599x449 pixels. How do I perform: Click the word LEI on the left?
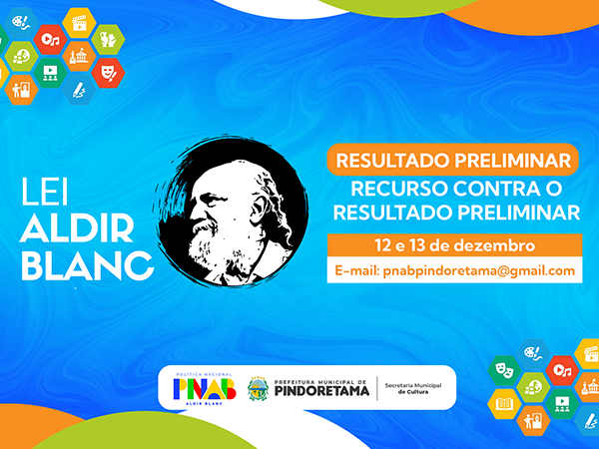[x=45, y=192]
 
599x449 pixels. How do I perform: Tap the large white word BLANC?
[x=88, y=265]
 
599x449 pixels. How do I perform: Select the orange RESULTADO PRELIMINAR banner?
[x=453, y=160]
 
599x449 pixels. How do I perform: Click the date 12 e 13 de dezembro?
[x=454, y=245]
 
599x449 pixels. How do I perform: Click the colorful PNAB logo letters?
[x=205, y=389]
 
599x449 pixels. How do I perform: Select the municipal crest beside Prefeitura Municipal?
[x=258, y=389]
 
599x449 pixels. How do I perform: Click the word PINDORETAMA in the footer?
[x=322, y=391]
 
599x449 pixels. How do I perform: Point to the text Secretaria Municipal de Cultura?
[x=413, y=389]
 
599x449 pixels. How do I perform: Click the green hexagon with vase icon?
[x=108, y=39]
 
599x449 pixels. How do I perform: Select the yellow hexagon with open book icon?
[x=504, y=404]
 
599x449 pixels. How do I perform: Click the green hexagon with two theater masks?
[x=504, y=371]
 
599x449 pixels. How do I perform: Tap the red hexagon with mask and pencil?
[x=108, y=73]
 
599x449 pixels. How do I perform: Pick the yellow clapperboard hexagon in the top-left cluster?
[x=79, y=23]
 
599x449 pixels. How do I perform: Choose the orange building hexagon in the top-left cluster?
[x=79, y=56]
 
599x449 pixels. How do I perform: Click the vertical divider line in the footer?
[x=377, y=388]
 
